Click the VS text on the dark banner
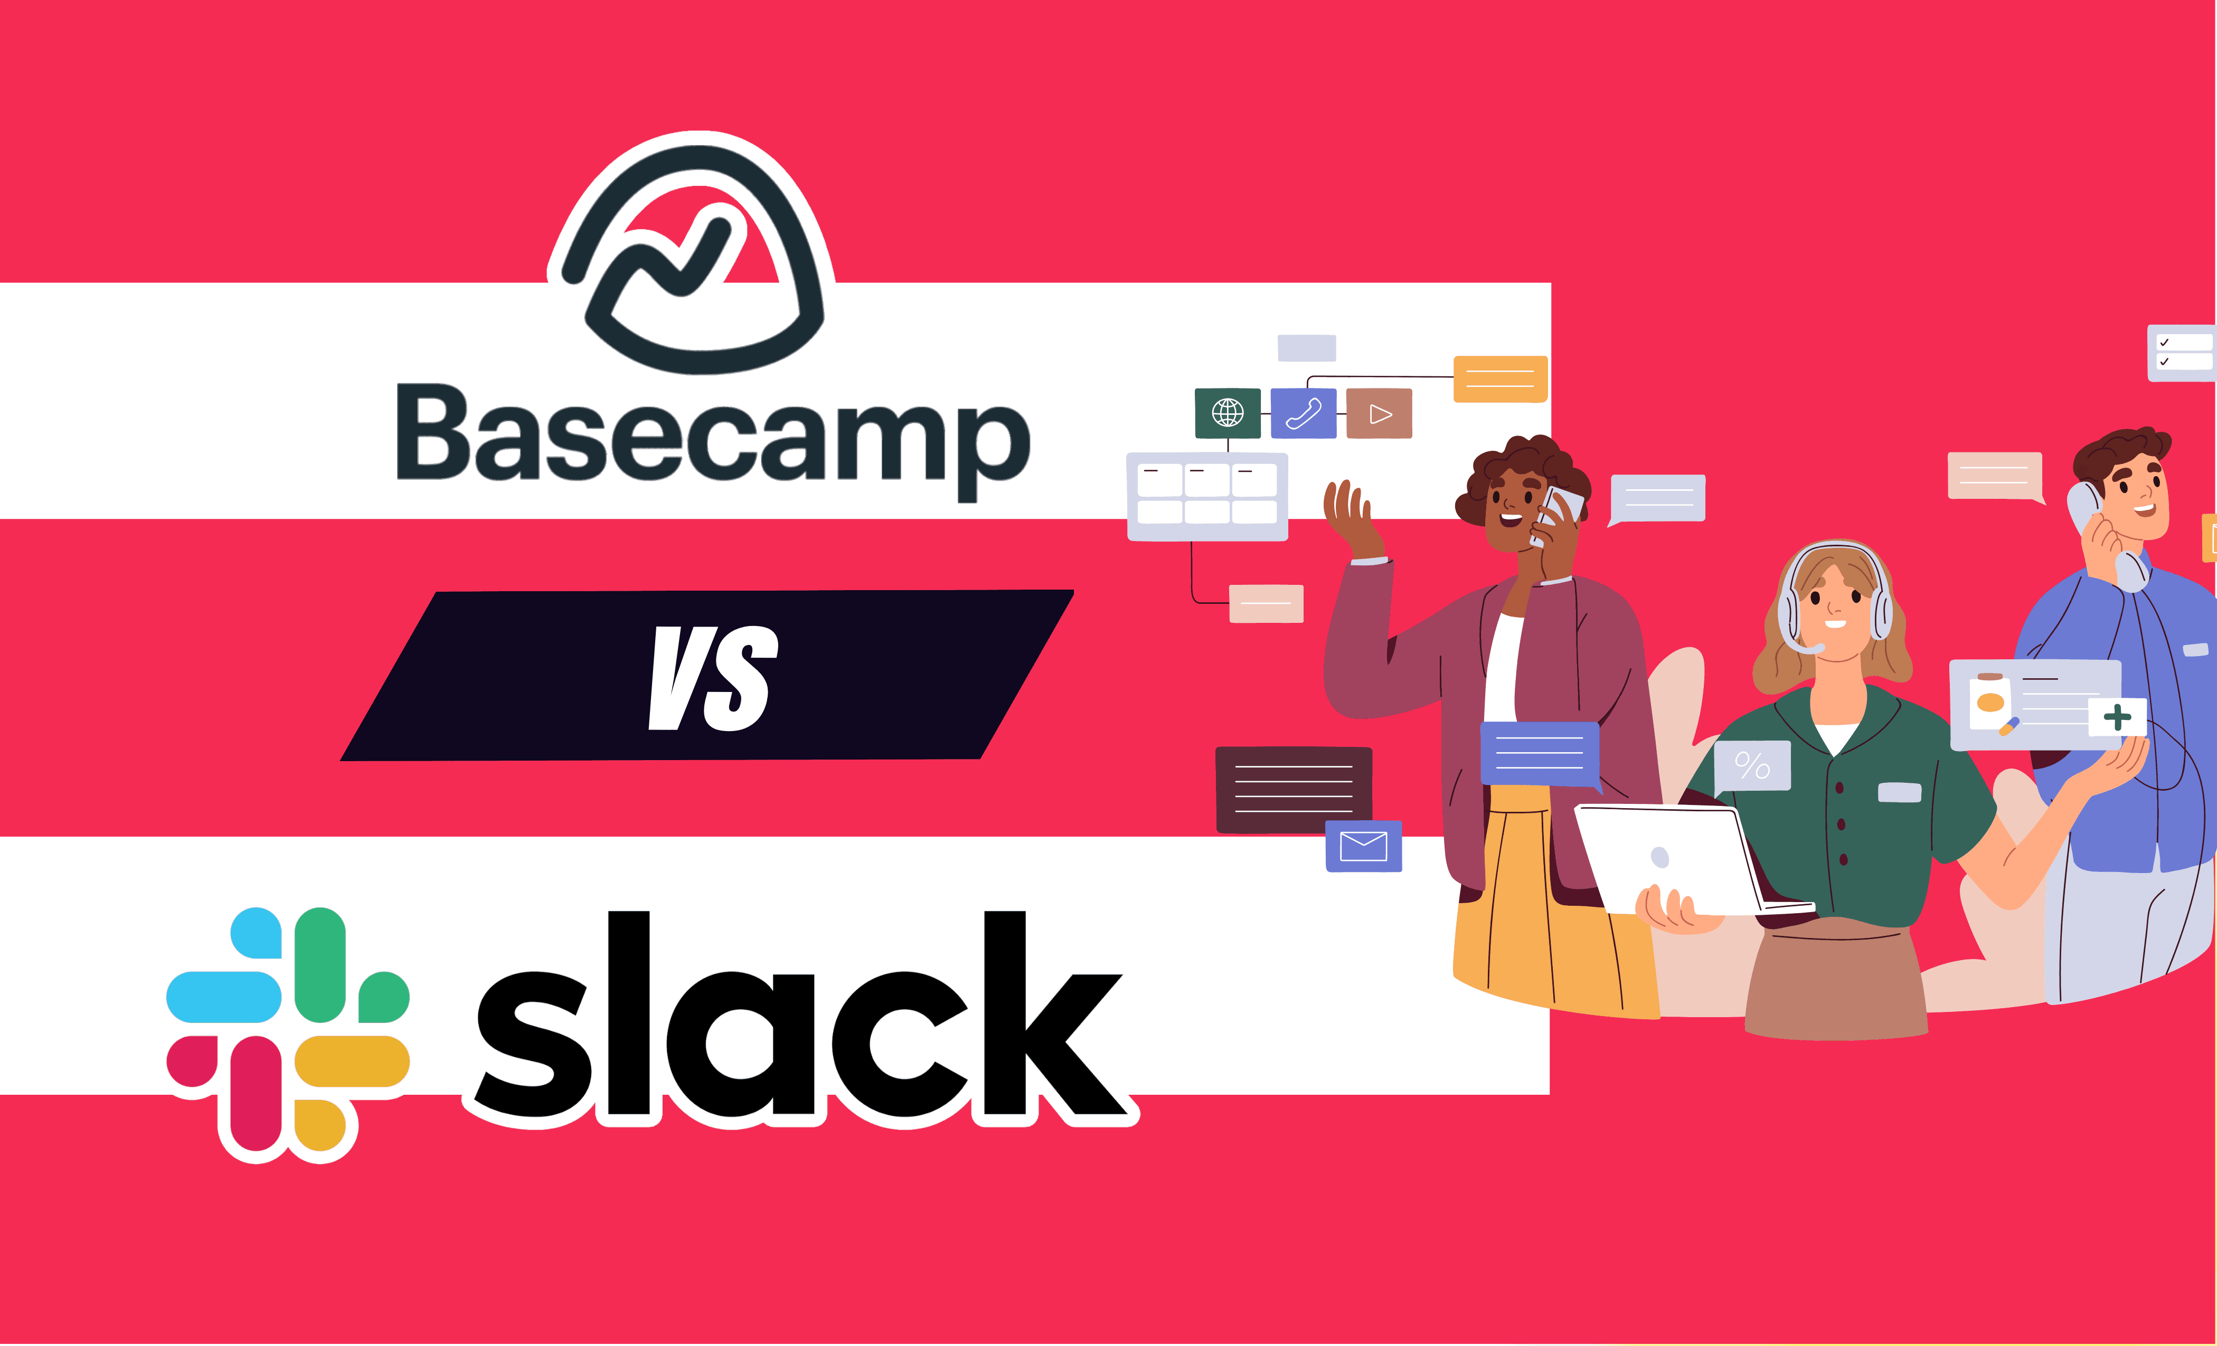coord(713,678)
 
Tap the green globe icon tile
coord(1227,413)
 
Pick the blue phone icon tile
coord(1303,413)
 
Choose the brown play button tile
coord(1379,413)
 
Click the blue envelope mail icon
coord(1363,846)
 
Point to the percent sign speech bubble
coord(1752,766)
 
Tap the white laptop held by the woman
coord(1674,859)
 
